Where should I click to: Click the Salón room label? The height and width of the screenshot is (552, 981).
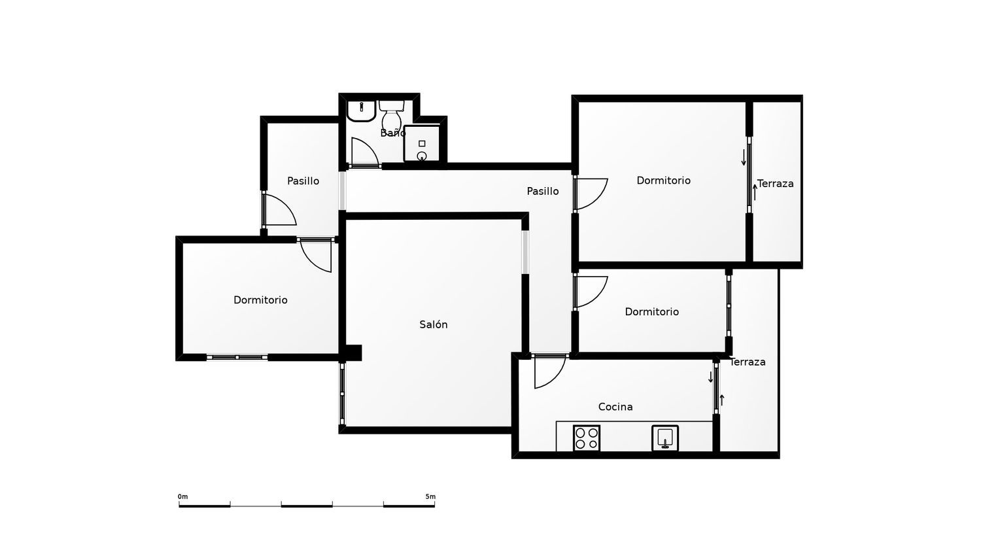point(433,324)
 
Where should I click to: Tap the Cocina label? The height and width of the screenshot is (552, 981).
point(615,407)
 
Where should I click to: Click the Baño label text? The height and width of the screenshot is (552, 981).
point(393,133)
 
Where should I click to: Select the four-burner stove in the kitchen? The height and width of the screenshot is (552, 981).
point(587,438)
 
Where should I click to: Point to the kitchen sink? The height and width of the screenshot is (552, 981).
point(665,438)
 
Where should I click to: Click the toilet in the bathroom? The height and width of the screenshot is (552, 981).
point(392,114)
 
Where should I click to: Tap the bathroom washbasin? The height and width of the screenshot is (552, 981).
point(361,111)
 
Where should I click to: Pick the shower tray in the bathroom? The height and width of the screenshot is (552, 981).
point(422,144)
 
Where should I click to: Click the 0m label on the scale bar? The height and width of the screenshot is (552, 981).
point(182,496)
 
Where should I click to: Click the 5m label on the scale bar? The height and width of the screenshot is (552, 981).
point(430,496)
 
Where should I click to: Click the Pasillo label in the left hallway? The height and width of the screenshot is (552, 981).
point(303,181)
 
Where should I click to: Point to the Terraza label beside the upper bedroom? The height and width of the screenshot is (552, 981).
point(775,184)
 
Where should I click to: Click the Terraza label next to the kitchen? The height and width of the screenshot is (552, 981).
point(748,362)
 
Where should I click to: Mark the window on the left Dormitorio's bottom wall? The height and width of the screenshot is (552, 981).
point(237,358)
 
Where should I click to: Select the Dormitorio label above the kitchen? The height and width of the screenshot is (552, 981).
point(651,311)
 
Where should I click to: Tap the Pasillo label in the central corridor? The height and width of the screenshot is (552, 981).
point(543,191)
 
